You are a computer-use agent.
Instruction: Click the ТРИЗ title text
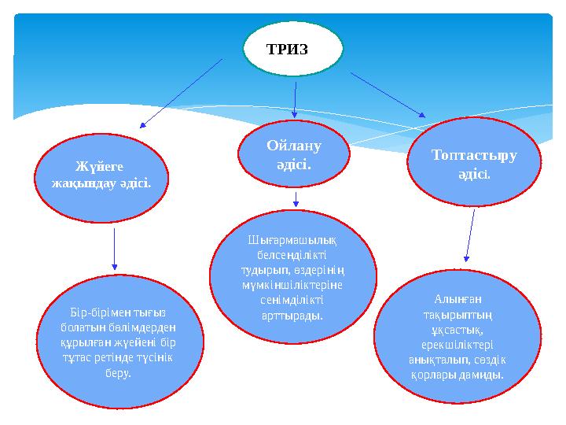tap(287, 49)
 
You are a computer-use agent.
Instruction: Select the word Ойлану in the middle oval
tap(294, 146)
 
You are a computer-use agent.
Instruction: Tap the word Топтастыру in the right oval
tap(474, 155)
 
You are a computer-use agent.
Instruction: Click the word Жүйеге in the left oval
tap(99, 167)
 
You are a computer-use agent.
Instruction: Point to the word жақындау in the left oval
tap(85, 183)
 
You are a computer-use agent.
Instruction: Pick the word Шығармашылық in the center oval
tap(292, 240)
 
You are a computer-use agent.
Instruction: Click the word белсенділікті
tap(292, 255)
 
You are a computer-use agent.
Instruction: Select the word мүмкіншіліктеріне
tap(292, 285)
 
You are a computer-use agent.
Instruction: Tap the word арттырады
tap(292, 316)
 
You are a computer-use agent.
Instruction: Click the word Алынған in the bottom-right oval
tap(458, 300)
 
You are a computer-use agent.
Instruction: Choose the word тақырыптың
tap(458, 315)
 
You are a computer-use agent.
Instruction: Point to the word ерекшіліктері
tap(458, 346)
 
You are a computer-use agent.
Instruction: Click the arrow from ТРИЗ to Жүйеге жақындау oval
tap(181, 94)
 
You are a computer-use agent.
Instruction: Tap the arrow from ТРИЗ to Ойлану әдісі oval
tap(295, 100)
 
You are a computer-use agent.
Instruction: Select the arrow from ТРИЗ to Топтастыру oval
tap(388, 95)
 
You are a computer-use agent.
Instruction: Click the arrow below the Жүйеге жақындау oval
tap(115, 249)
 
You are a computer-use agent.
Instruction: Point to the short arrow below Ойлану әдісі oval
tap(296, 199)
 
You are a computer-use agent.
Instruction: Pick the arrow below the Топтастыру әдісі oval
tap(470, 235)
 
